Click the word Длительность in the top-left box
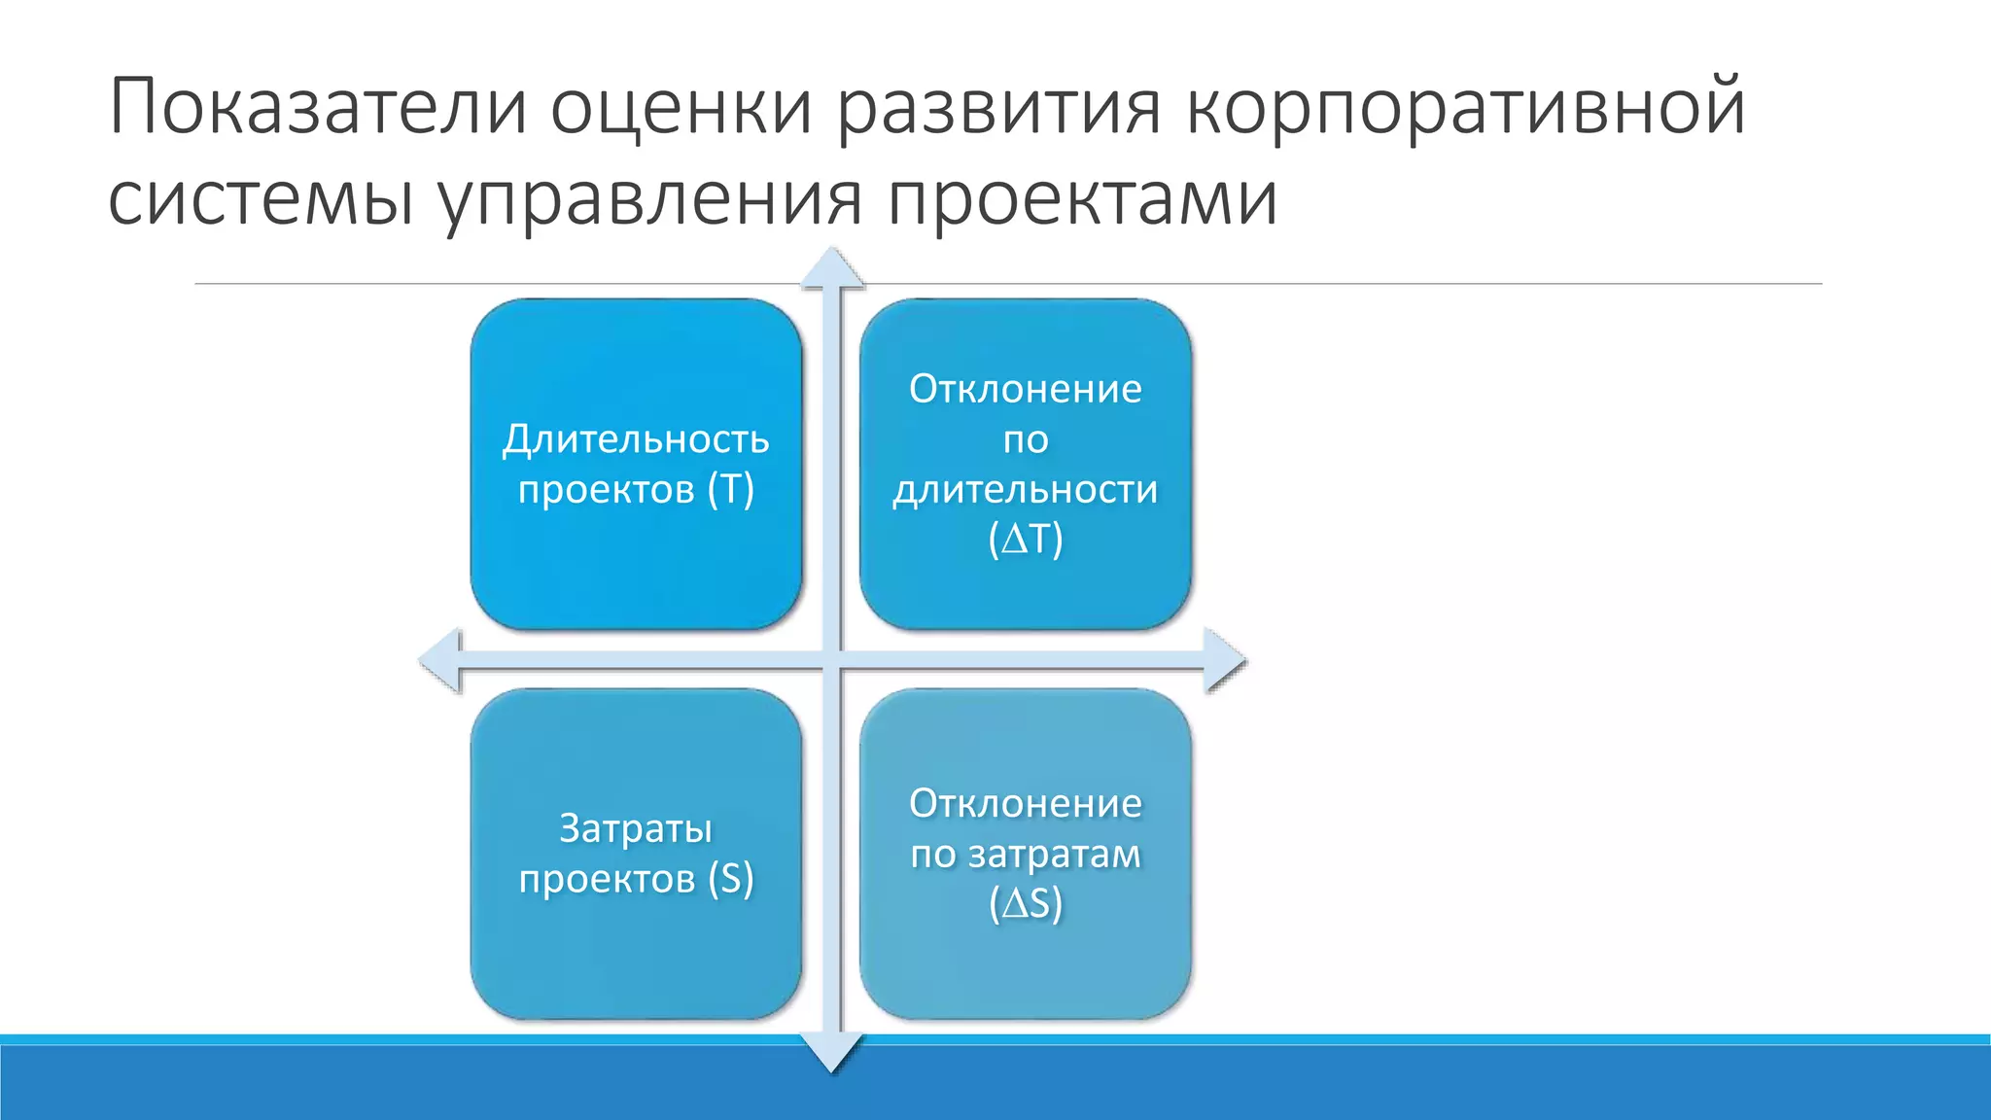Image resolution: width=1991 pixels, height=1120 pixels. pyautogui.click(x=636, y=440)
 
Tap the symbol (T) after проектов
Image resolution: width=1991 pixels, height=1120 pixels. pyautogui.click(x=731, y=489)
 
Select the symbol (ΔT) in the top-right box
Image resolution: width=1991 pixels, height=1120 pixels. pyautogui.click(x=1026, y=540)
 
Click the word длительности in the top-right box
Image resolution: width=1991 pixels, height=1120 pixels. pyautogui.click(x=1026, y=489)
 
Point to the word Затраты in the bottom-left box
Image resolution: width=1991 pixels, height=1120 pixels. pyautogui.click(x=636, y=829)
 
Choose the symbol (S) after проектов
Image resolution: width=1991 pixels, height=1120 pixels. pyautogui.click(x=731, y=879)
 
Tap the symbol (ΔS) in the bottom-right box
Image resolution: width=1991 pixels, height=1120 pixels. pyautogui.click(x=1026, y=904)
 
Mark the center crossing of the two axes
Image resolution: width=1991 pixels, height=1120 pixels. pyautogui.click(x=832, y=661)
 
